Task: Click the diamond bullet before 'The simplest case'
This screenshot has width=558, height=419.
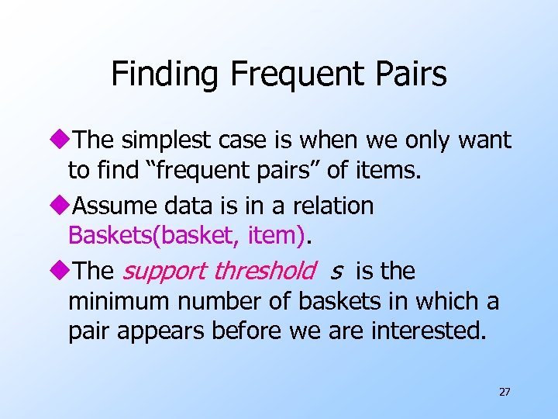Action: (61, 140)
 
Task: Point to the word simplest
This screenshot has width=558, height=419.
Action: (158, 140)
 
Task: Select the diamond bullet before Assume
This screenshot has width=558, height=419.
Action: (61, 206)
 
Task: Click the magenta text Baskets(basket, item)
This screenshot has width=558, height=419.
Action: (186, 235)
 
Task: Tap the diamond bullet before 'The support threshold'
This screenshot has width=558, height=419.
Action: (61, 272)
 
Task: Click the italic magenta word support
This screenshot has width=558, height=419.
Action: (164, 272)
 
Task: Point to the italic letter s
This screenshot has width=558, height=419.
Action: (336, 272)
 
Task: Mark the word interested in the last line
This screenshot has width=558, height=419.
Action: (429, 331)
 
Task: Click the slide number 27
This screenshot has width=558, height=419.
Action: (505, 392)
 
